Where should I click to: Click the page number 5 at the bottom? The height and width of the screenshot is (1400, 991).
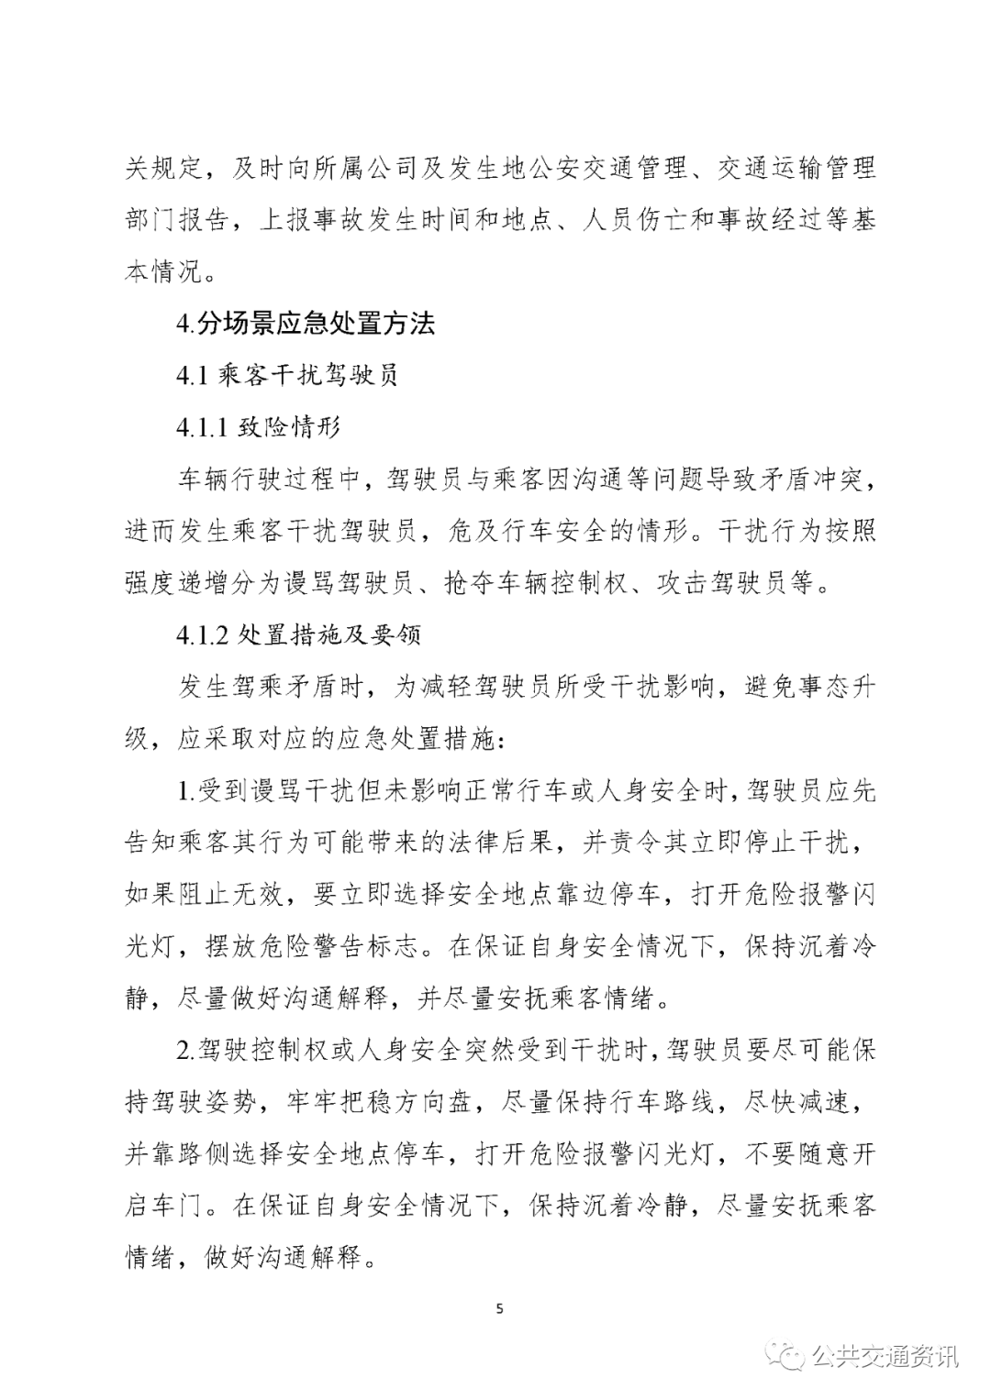(x=499, y=1308)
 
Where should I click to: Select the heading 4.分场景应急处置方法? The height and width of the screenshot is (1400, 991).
(x=306, y=323)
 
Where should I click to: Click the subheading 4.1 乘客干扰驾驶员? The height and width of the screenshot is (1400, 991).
(x=287, y=375)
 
